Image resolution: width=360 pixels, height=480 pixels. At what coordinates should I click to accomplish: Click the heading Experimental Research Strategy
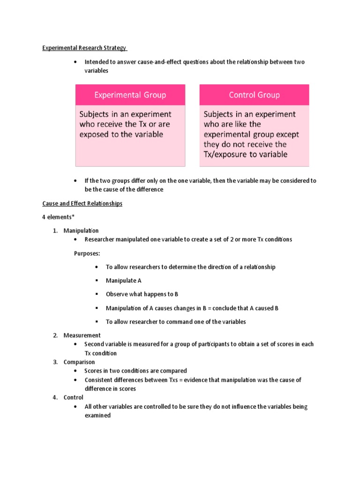coord(84,48)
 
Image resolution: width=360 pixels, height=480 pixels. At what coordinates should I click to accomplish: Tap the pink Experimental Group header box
coord(130,95)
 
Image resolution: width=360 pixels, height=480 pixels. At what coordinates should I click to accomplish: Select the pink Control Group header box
coord(254,95)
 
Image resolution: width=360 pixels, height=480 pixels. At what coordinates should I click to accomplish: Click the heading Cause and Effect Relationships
coord(82,203)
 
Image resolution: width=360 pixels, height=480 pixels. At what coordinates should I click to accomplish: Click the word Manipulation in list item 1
coord(81,231)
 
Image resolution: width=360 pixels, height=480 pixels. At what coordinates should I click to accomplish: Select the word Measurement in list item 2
coord(82,335)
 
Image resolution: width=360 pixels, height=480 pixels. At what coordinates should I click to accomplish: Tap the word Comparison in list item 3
coord(79,362)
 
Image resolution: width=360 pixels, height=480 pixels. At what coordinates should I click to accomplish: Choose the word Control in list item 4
coord(74,397)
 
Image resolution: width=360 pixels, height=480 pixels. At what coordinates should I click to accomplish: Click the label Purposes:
coord(87,253)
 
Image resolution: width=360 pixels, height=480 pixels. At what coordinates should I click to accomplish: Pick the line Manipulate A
coord(123,280)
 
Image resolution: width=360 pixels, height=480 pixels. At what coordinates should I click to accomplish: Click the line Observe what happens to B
coord(142,294)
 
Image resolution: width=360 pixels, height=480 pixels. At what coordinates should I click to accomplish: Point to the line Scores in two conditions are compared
coord(135,371)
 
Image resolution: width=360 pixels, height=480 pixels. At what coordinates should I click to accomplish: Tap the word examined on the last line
coord(97,415)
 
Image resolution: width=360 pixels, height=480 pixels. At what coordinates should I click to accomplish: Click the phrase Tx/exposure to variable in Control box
coord(246,154)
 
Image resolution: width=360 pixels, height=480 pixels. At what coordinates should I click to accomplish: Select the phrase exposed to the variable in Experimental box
coord(121,135)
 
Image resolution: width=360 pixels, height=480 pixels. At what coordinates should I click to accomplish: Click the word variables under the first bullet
coord(96,70)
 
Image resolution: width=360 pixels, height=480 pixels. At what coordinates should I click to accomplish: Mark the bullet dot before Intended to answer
coord(76,62)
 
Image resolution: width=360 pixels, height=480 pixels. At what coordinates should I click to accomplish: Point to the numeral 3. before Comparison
coord(55,362)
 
